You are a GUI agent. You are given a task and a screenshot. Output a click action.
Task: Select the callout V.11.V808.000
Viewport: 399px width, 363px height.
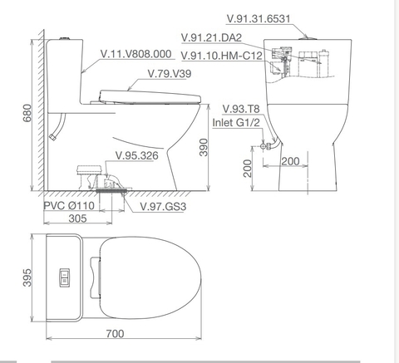136,54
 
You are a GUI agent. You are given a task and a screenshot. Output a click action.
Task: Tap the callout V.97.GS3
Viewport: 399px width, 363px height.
163,206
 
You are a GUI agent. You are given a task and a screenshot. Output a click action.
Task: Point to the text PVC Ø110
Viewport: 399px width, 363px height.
71,205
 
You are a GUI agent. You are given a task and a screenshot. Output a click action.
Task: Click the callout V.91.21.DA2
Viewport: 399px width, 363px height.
211,37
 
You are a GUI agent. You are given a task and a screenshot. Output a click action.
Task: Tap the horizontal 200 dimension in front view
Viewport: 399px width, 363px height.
290,160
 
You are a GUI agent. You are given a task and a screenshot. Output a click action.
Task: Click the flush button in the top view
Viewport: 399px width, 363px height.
63,274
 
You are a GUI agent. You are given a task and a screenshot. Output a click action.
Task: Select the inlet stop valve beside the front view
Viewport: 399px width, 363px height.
265,146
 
